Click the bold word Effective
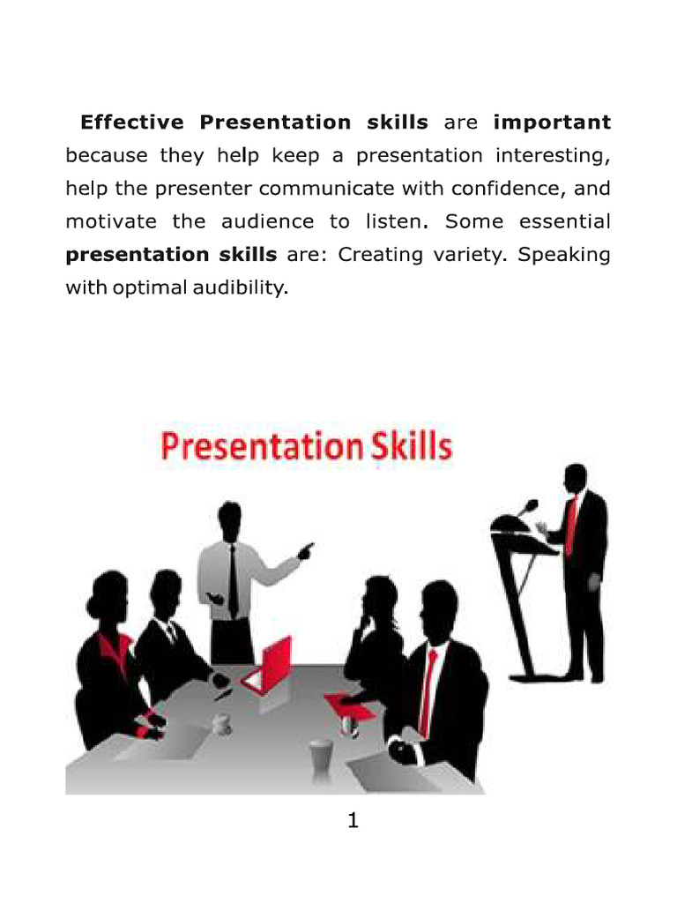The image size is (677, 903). click(132, 123)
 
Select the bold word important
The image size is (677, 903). click(552, 123)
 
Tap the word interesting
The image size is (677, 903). click(553, 157)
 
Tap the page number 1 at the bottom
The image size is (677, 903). click(353, 821)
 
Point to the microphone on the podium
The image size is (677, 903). click(529, 506)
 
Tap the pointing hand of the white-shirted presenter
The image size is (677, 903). click(305, 551)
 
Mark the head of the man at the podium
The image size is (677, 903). click(576, 479)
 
